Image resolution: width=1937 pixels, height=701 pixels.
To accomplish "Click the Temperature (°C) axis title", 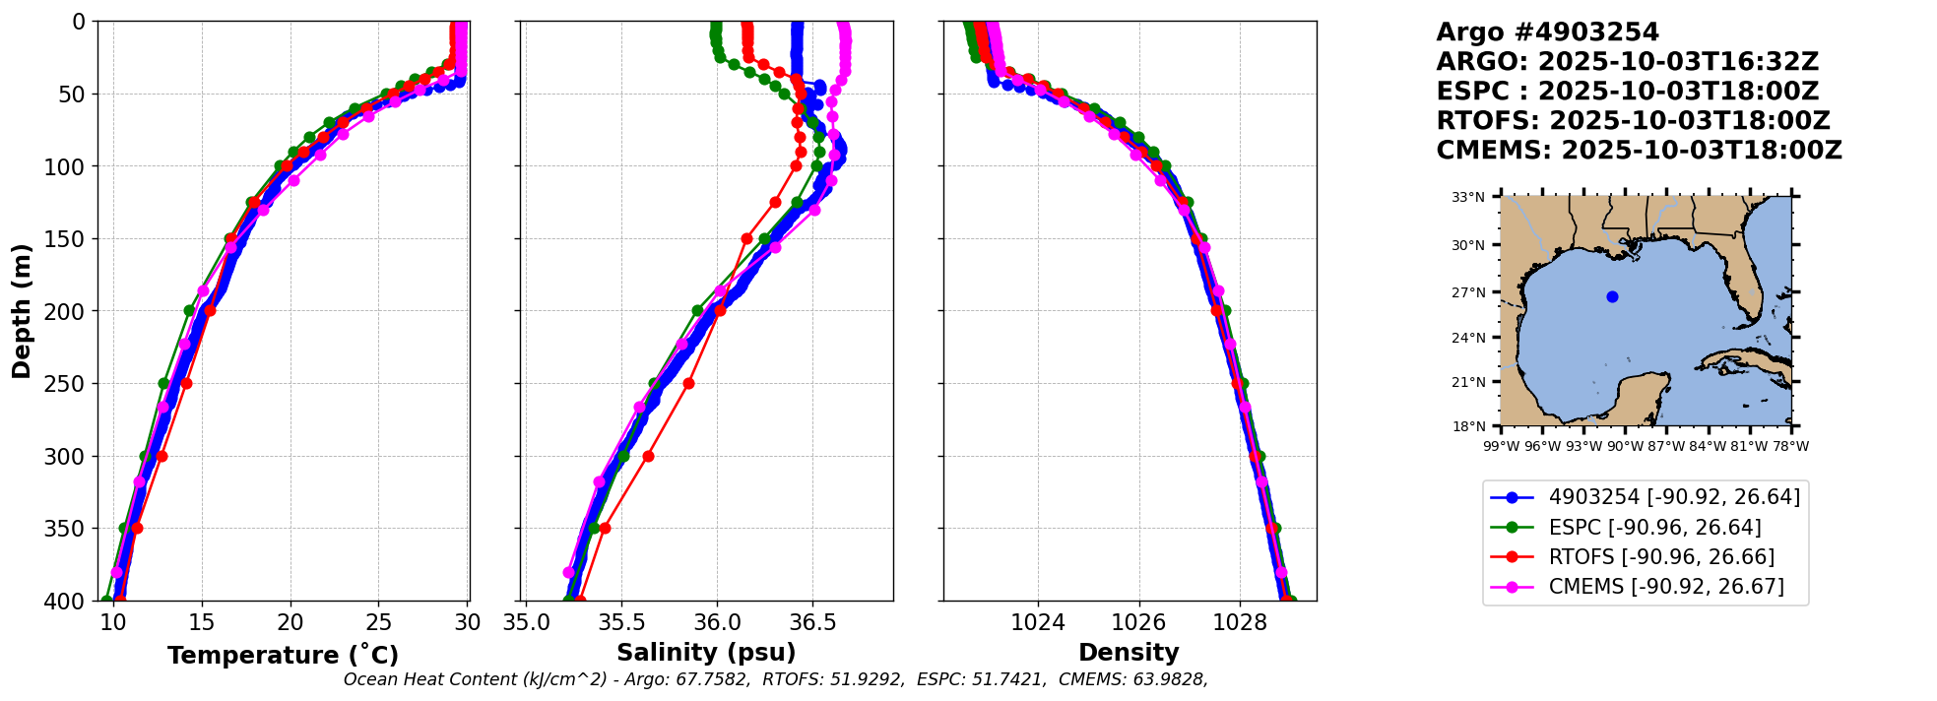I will pos(283,656).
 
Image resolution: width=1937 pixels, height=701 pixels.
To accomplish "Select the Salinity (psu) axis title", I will pos(706,653).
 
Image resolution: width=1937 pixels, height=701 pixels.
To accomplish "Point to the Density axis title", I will pos(1129,653).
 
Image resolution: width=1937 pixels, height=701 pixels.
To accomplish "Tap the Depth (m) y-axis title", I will pos(21,311).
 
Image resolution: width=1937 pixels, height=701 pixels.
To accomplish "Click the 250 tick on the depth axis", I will pos(70,384).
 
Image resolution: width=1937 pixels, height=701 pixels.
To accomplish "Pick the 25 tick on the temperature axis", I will pos(379,622).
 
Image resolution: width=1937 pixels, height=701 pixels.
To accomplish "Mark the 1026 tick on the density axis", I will pos(1138,622).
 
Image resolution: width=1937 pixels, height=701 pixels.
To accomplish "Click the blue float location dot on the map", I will pos(1612,296).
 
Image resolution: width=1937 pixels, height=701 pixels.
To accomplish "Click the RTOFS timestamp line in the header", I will pos(1633,121).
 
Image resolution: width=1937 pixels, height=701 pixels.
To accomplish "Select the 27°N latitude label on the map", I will pos(1468,292).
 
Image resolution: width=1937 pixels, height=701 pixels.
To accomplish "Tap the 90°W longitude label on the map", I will pos(1625,447).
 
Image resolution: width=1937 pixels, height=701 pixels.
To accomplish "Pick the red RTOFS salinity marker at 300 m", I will pos(648,456).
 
